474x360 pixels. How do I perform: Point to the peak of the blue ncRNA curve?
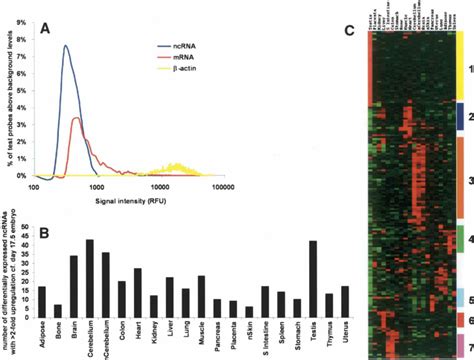tap(66, 46)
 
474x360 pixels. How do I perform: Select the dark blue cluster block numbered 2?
tap(460, 116)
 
